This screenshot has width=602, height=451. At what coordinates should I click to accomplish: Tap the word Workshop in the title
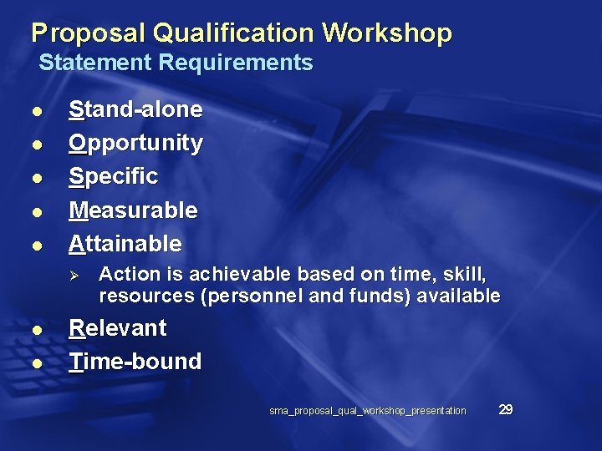pos(387,33)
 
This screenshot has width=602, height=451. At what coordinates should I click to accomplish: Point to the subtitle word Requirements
pos(236,63)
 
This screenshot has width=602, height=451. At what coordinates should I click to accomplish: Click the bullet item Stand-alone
pos(135,109)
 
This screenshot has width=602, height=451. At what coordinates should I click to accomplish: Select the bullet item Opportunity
pos(135,143)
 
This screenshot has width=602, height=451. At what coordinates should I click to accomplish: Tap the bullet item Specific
pos(113,176)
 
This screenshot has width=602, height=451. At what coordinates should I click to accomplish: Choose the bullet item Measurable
pos(133,210)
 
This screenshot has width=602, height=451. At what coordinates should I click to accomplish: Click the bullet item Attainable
pos(125,243)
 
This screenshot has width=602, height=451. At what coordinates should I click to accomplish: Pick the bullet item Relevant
pos(117,327)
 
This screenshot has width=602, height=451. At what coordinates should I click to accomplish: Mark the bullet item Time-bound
pos(135,361)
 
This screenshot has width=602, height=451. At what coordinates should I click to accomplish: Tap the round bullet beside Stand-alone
pos(35,111)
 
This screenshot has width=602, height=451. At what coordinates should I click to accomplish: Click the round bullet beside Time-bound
pos(35,362)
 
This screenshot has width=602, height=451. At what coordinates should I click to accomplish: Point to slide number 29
pos(505,409)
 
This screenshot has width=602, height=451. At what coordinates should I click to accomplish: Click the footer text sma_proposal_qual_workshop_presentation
pos(368,410)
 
